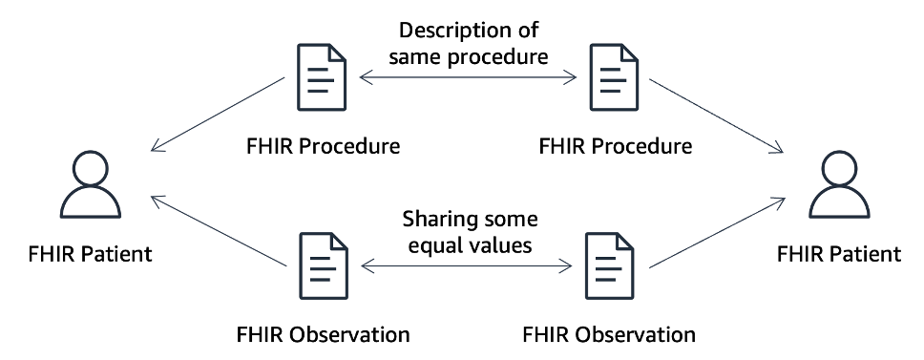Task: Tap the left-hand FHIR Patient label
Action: (90, 255)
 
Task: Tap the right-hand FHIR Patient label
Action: (838, 255)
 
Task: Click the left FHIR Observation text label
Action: (323, 334)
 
